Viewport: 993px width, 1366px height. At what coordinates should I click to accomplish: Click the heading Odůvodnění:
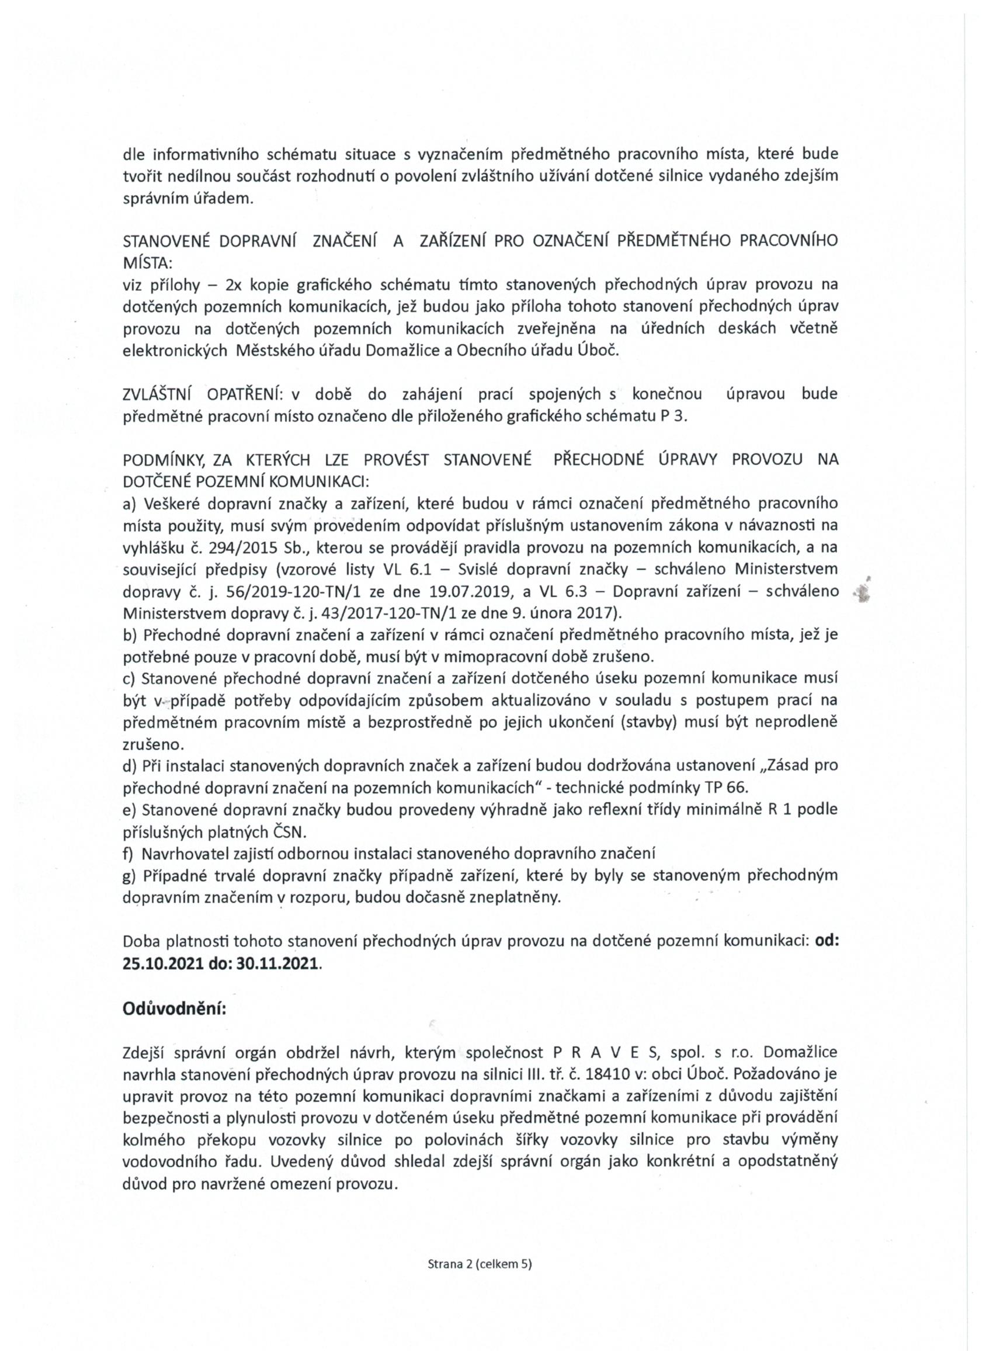[x=175, y=1009]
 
